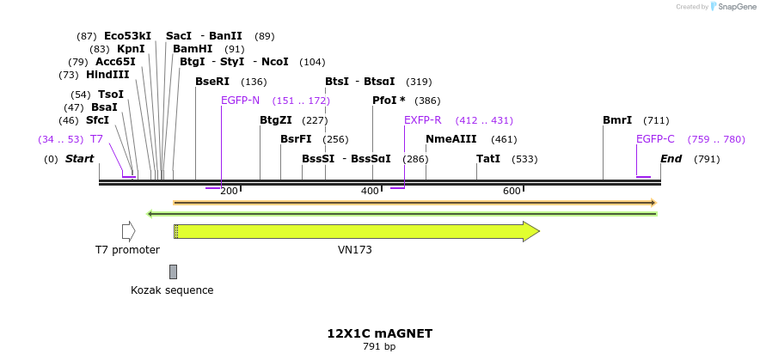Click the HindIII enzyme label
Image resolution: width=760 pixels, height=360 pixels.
click(107, 75)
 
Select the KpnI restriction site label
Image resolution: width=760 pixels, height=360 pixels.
click(131, 49)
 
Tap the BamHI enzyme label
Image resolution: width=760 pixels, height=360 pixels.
click(193, 49)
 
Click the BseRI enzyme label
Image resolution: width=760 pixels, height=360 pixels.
click(212, 82)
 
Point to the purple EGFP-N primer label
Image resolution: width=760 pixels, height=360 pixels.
click(240, 101)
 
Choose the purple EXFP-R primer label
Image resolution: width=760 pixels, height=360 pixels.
click(422, 120)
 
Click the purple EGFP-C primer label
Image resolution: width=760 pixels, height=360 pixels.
click(655, 139)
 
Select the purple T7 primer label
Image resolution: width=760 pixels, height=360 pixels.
click(96, 139)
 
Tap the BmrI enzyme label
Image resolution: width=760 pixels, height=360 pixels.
click(617, 120)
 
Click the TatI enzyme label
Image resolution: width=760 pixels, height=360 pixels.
click(488, 159)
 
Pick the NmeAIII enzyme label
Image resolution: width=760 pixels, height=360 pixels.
click(445, 139)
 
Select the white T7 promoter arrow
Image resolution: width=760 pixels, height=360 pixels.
click(128, 231)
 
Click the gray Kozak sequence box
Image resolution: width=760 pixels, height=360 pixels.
click(173, 272)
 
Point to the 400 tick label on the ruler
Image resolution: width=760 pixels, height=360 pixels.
click(370, 191)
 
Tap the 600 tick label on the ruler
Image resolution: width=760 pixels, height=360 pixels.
click(512, 191)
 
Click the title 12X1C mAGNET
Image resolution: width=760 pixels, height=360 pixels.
click(379, 333)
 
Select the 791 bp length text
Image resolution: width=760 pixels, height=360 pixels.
click(379, 347)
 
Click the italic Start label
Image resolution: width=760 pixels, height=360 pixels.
click(79, 159)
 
